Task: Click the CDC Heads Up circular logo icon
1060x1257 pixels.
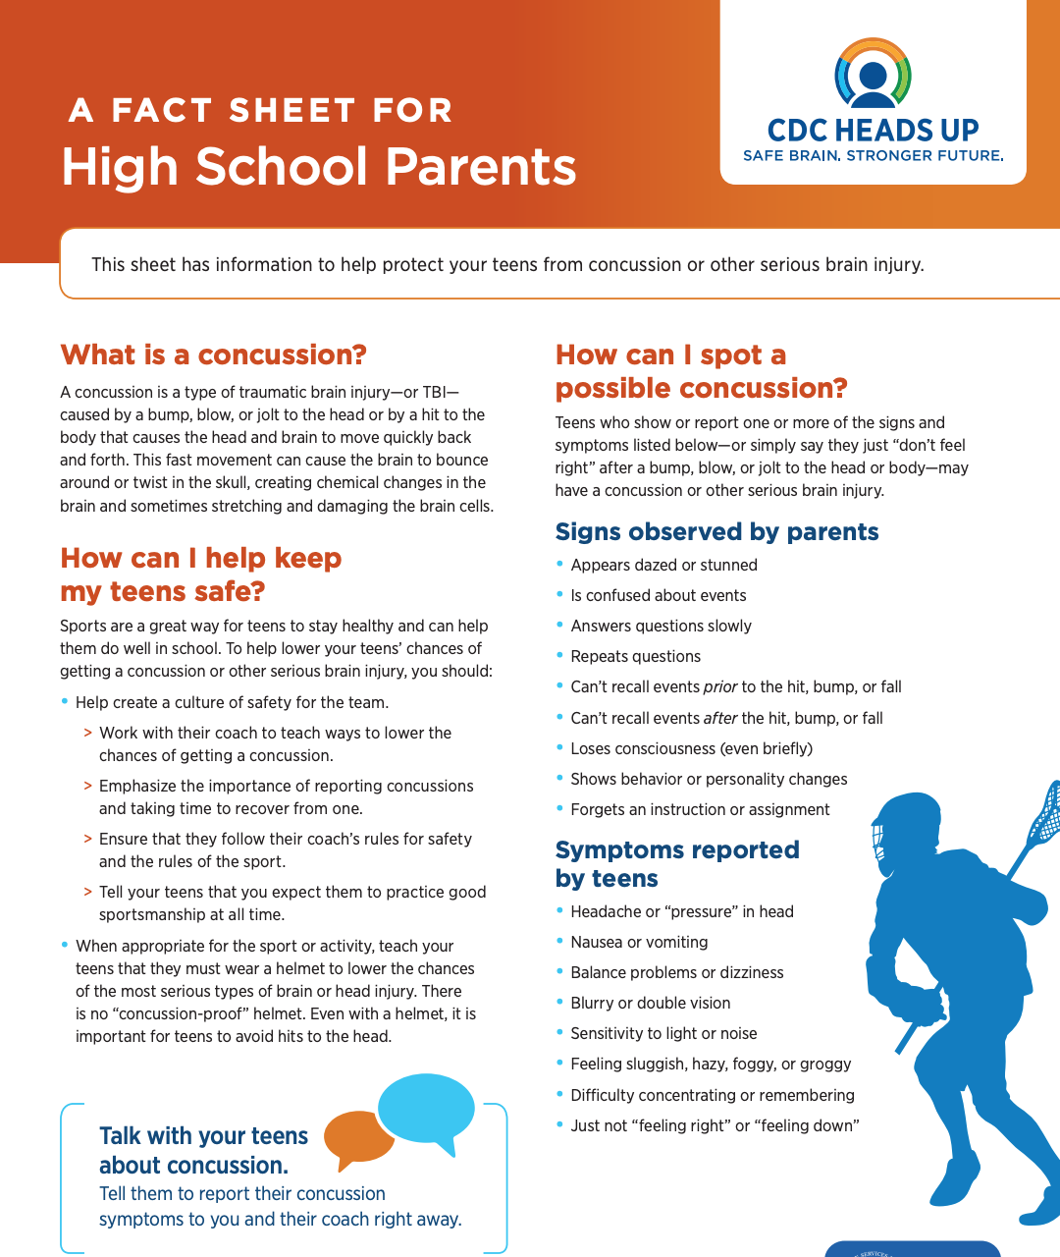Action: click(x=873, y=74)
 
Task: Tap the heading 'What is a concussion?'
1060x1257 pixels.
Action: click(x=213, y=355)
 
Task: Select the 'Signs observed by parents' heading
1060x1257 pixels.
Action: click(x=716, y=531)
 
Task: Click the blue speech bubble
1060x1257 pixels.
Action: click(x=426, y=1109)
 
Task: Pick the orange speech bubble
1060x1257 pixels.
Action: click(x=358, y=1137)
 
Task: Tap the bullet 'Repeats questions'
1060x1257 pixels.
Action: click(x=635, y=656)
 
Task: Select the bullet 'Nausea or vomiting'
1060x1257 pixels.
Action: click(x=639, y=942)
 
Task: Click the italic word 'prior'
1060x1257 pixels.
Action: click(x=720, y=686)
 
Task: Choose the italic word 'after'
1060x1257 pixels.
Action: click(x=720, y=718)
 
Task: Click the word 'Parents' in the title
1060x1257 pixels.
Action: click(x=481, y=166)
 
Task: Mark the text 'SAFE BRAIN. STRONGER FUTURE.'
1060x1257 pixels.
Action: click(x=873, y=155)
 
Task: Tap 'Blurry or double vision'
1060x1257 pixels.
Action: click(x=650, y=1003)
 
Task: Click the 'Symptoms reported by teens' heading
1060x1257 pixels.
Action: click(x=677, y=863)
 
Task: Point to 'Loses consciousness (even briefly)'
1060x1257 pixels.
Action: click(x=691, y=748)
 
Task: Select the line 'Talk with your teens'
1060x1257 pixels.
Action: click(x=203, y=1136)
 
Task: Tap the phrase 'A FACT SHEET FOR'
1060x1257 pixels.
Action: click(x=261, y=110)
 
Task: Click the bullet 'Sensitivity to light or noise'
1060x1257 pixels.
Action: click(x=663, y=1033)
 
